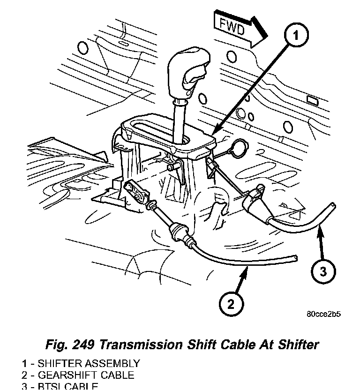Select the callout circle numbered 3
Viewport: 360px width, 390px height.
click(323, 270)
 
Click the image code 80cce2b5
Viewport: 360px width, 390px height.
click(323, 314)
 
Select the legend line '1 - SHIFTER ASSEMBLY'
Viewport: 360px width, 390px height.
click(80, 363)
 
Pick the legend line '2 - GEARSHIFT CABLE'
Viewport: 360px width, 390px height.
click(77, 375)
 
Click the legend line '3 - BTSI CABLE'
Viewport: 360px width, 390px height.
click(60, 386)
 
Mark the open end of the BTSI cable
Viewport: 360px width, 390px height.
click(333, 205)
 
